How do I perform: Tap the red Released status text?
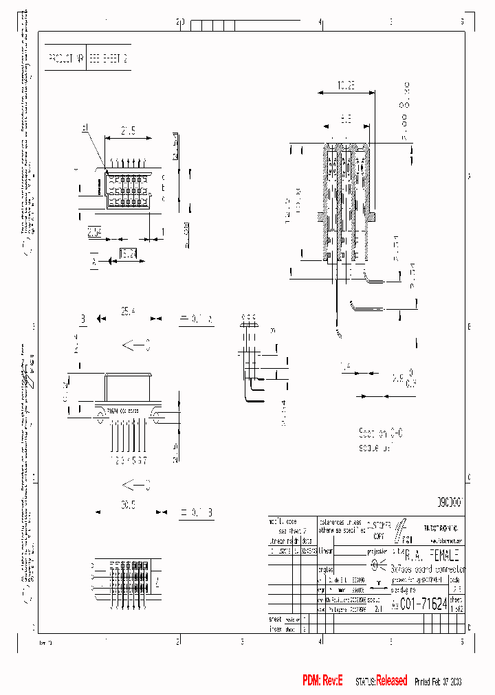point(392,680)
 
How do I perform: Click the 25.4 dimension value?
point(129,312)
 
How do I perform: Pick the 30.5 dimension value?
point(129,505)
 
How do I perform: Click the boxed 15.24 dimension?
point(128,255)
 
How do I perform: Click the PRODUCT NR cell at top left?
point(66,60)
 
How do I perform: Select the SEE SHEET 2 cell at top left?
point(108,60)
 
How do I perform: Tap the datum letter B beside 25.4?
point(83,319)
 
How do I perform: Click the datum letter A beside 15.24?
point(93,261)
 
